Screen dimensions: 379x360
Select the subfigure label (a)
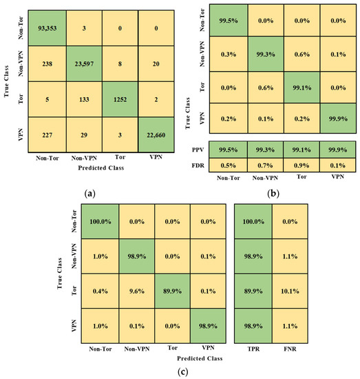[90, 195]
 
